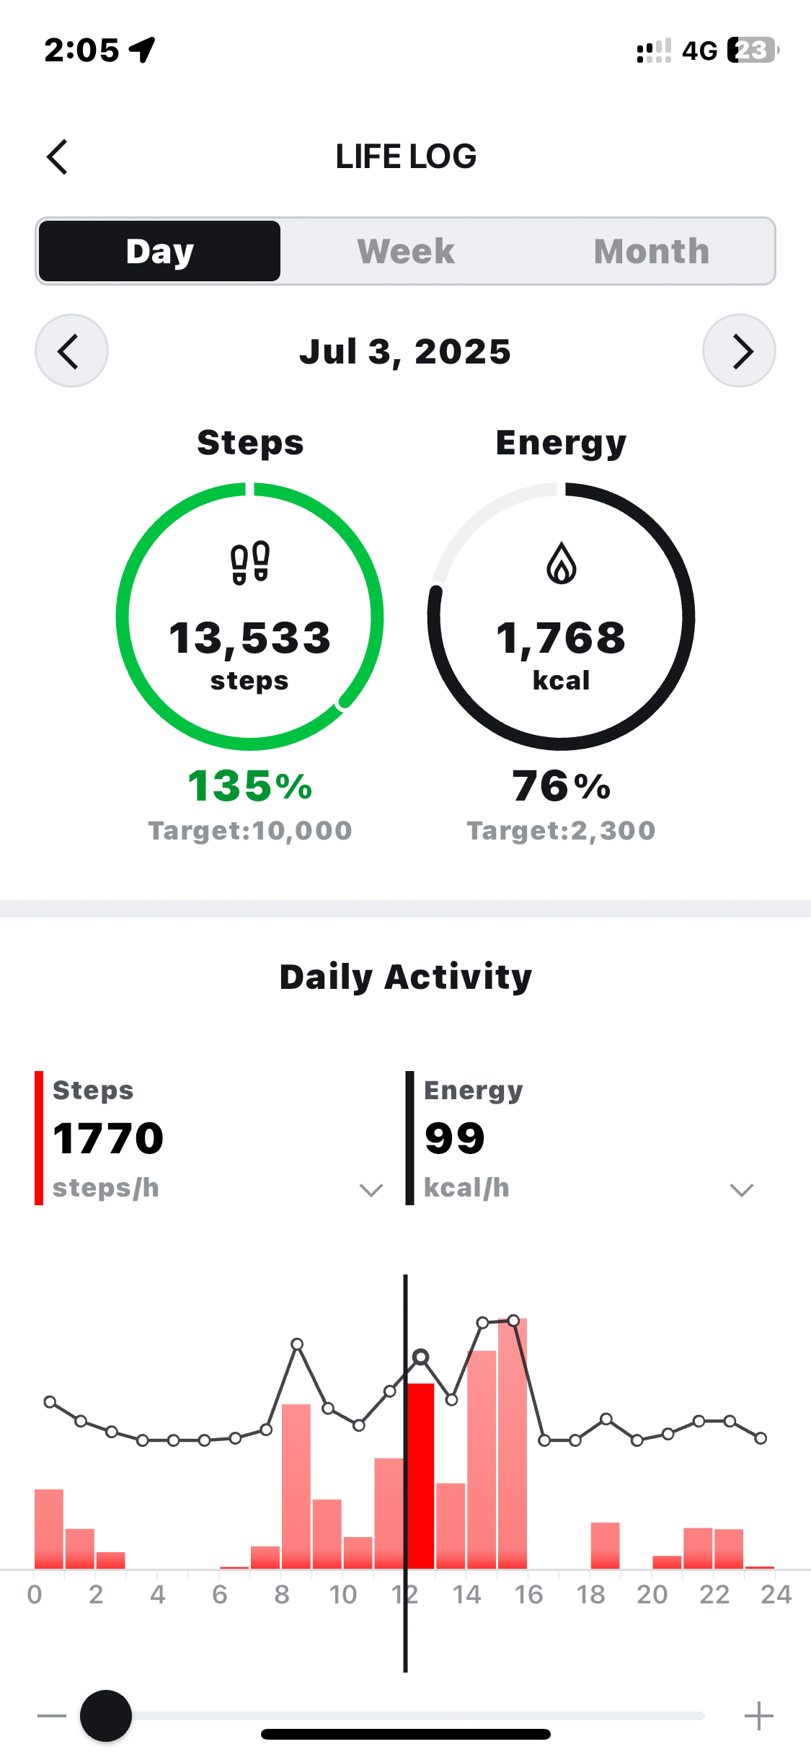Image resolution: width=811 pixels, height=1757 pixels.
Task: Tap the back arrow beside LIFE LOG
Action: [57, 157]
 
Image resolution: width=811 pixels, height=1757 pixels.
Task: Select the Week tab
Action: [406, 251]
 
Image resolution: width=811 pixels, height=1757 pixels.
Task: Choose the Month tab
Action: [651, 251]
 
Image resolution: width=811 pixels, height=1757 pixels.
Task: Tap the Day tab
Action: [159, 251]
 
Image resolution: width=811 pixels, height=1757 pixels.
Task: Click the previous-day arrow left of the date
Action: [71, 351]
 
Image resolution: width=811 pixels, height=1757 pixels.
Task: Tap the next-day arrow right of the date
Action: [739, 351]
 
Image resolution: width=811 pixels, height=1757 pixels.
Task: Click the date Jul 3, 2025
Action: [405, 352]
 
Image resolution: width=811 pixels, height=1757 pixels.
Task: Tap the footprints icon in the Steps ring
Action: [249, 563]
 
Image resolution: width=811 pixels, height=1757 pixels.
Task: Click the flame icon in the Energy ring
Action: [561, 563]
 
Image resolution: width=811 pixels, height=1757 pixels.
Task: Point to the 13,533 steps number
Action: [249, 638]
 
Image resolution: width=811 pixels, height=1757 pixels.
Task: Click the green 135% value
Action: [249, 785]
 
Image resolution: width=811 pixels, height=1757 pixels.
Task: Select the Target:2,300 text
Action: [561, 831]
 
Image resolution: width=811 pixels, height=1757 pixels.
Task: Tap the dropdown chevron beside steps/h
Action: [371, 1189]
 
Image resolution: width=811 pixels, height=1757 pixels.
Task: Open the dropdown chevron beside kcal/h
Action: [741, 1189]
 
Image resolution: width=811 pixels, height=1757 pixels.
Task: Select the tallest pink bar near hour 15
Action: [513, 1443]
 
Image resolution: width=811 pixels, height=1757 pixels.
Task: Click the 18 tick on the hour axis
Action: [590, 1594]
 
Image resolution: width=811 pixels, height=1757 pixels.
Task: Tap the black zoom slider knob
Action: [106, 1716]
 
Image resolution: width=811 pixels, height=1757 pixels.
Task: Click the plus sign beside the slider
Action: [758, 1716]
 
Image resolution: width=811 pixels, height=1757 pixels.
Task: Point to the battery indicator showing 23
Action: [752, 50]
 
